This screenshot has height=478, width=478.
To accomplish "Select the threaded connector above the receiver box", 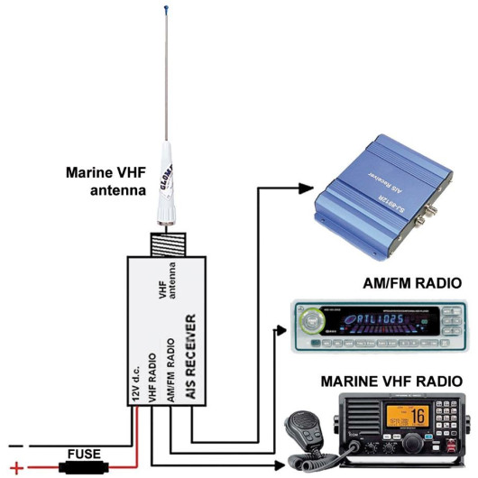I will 168,241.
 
